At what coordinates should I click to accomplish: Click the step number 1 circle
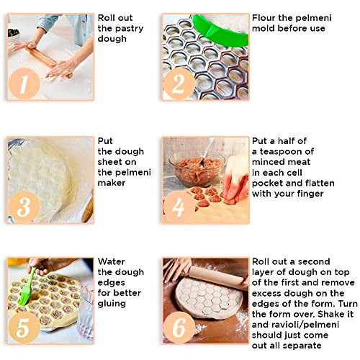click(24, 84)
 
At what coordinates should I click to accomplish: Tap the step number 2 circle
click(179, 84)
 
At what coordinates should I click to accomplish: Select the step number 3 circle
click(24, 207)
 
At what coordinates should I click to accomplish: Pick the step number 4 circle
click(179, 207)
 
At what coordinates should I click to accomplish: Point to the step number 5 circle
click(24, 328)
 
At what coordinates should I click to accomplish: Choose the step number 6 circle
click(179, 328)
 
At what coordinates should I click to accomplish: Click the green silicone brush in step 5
click(27, 288)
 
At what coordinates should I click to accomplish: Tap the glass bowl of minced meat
click(197, 168)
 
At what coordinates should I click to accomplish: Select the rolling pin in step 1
click(48, 61)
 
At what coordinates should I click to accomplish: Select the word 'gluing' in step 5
click(112, 304)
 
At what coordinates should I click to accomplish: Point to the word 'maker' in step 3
click(112, 183)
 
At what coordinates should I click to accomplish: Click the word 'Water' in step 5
click(112, 261)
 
